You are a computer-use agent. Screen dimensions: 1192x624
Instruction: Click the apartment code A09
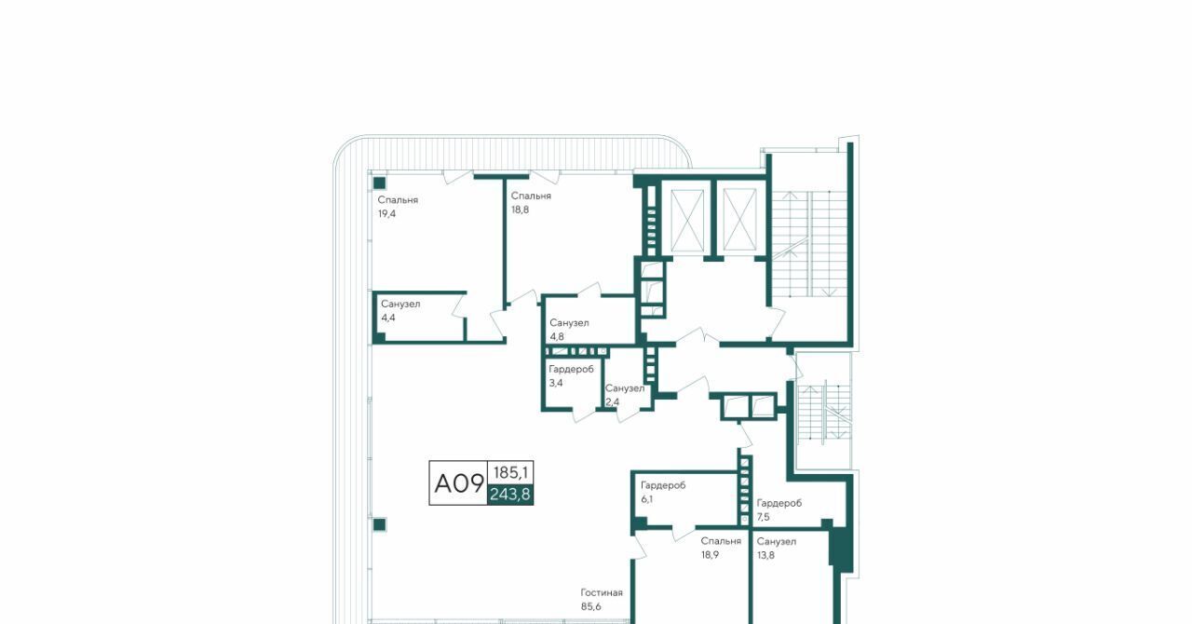(459, 483)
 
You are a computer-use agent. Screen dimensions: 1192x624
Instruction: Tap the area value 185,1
(510, 472)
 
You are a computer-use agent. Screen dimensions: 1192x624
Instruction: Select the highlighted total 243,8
(509, 495)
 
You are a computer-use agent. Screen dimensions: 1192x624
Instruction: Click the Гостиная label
(602, 592)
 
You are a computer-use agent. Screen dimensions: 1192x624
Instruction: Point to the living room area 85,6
(590, 606)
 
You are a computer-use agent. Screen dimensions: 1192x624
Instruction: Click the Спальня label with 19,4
(398, 200)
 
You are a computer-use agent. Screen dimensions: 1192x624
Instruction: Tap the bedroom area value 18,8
(520, 210)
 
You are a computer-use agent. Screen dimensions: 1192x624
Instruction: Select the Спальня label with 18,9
(721, 541)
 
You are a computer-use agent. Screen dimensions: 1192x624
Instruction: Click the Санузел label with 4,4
(400, 304)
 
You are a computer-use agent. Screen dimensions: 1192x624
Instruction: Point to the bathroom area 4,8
(557, 337)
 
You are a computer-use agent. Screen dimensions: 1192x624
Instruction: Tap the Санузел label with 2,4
(624, 388)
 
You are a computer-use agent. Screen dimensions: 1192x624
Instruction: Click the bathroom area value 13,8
(765, 555)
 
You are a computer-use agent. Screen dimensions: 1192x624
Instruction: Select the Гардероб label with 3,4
(571, 369)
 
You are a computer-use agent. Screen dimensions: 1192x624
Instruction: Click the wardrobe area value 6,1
(646, 499)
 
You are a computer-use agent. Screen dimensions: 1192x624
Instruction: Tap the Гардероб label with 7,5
(779, 503)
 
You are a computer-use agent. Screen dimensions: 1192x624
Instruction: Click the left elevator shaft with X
(687, 221)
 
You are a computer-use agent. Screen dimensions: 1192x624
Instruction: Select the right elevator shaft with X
(740, 221)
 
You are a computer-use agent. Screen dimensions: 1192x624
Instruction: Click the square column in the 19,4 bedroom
(379, 183)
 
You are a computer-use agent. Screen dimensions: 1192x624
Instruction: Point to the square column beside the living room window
(379, 525)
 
